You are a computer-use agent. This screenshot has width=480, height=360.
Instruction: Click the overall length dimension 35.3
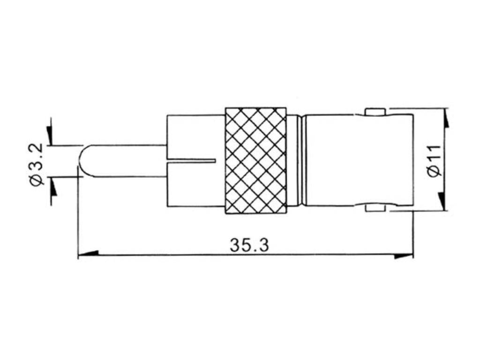pyautogui.click(x=249, y=245)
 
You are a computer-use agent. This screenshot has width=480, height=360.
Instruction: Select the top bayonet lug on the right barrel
pyautogui.click(x=375, y=112)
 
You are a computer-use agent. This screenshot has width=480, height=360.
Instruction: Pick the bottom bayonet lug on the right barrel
pyautogui.click(x=375, y=207)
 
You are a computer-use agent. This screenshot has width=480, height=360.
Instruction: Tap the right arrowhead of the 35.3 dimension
pyautogui.click(x=403, y=256)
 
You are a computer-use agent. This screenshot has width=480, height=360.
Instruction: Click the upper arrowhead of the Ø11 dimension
pyautogui.click(x=445, y=119)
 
